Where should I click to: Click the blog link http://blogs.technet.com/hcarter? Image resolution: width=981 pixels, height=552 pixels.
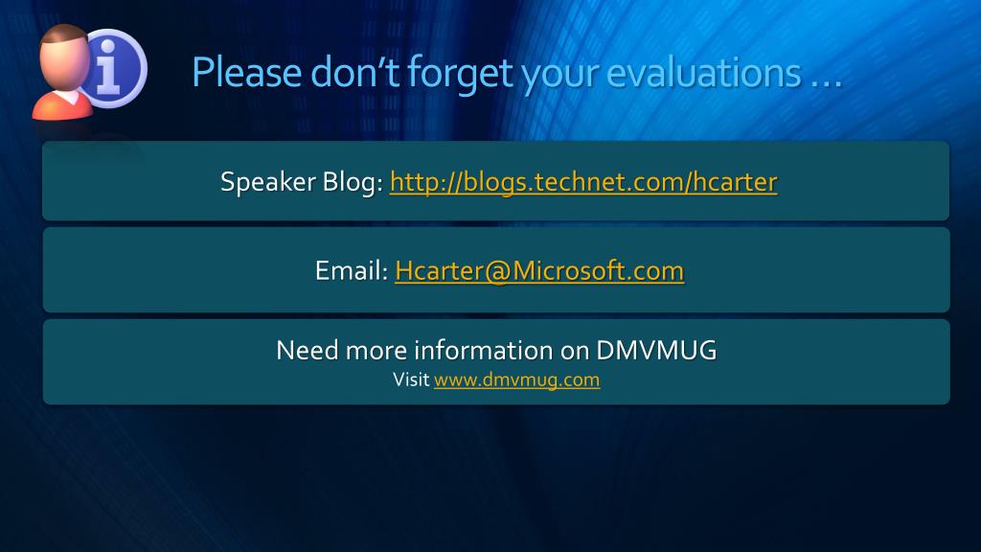click(x=583, y=182)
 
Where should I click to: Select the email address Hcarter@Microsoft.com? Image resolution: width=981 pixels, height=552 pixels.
click(x=539, y=271)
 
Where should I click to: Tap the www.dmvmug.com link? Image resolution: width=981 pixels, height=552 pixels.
click(x=516, y=379)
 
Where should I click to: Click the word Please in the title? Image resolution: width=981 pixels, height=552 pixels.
click(x=247, y=73)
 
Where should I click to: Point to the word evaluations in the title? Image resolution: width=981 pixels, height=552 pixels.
click(x=704, y=73)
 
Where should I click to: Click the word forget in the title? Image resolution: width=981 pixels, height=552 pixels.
click(x=461, y=74)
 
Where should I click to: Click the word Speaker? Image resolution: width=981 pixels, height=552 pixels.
click(x=268, y=182)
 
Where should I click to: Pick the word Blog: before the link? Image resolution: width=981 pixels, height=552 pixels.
click(x=353, y=181)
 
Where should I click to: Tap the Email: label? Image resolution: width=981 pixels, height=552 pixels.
click(x=352, y=270)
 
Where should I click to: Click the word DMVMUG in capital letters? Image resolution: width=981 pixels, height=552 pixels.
click(x=656, y=351)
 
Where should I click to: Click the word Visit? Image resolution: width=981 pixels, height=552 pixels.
click(x=411, y=379)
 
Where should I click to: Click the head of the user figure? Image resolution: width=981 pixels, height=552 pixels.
click(x=64, y=57)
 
